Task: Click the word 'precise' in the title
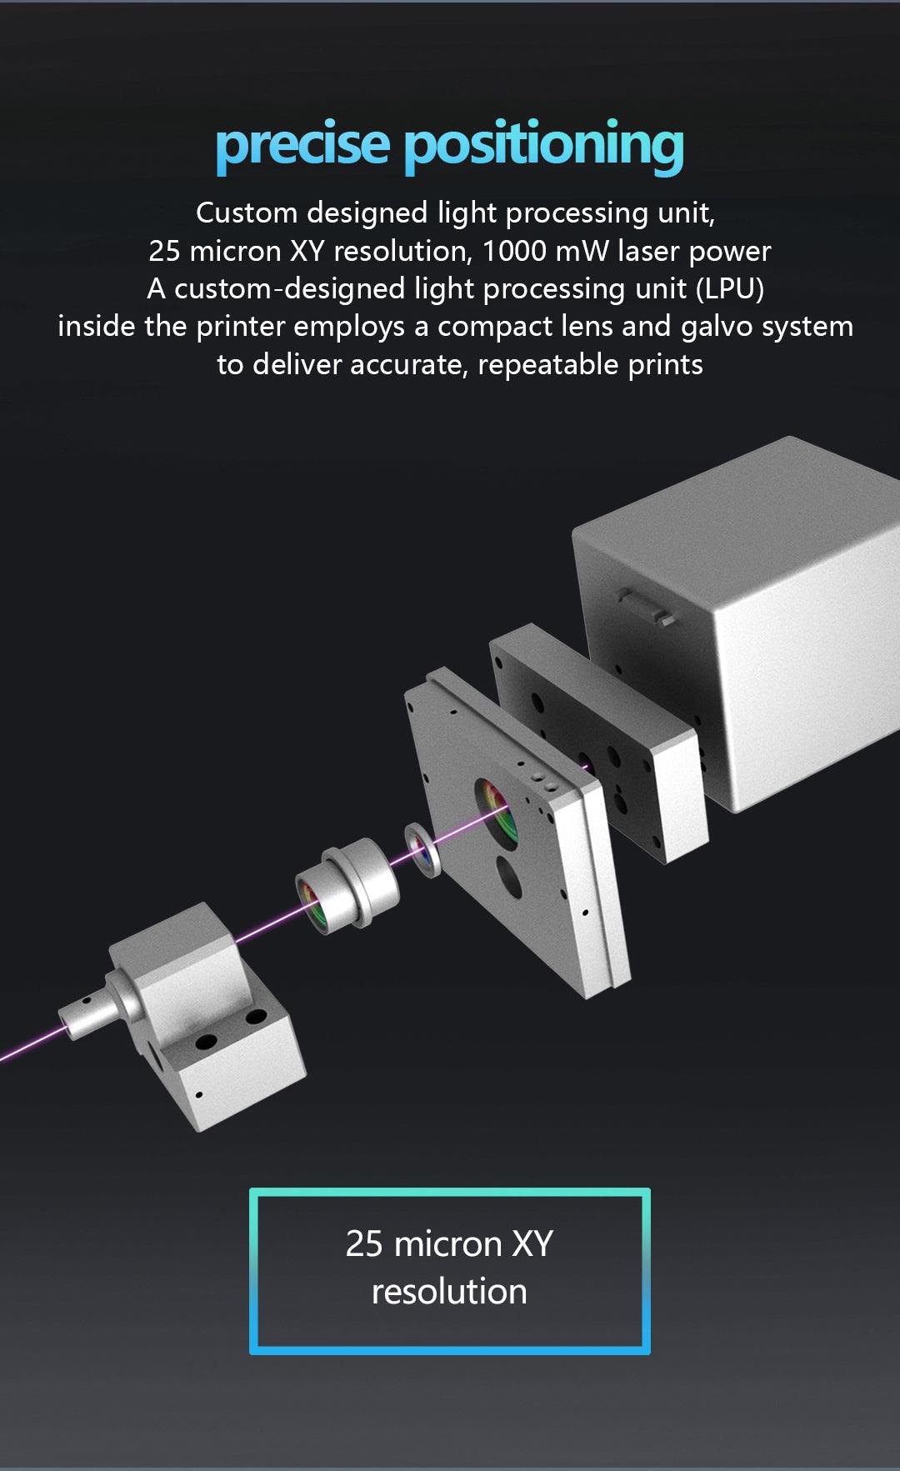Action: pyautogui.click(x=302, y=146)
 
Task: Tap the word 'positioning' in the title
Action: pyautogui.click(x=544, y=145)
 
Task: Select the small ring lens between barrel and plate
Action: pyautogui.click(x=423, y=849)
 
